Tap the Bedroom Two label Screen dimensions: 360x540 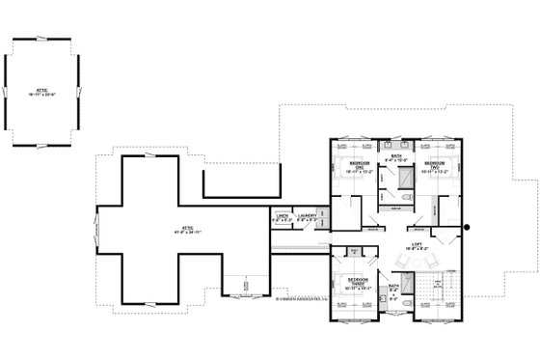pos(435,165)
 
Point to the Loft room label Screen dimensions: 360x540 pos(418,246)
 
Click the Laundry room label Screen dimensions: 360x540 pos(308,218)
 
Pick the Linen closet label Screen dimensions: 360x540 pos(282,218)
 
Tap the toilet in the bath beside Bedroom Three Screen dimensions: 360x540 pos(409,306)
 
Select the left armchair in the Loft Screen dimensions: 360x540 pos(405,261)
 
